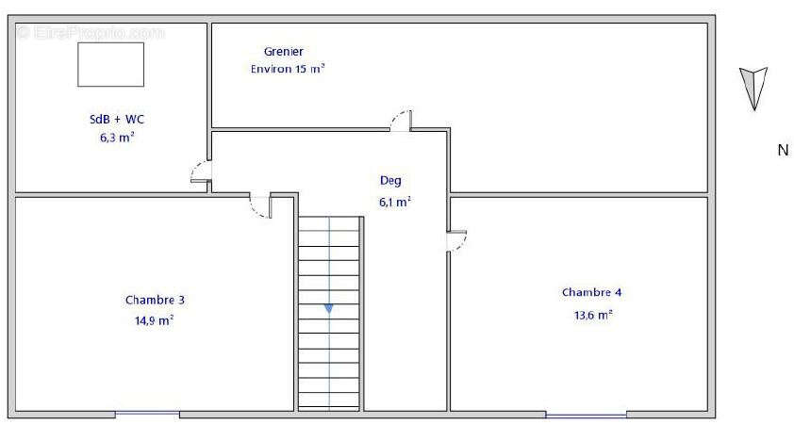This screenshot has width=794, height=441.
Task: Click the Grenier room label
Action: click(x=284, y=52)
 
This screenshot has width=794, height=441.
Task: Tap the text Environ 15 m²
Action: click(x=287, y=69)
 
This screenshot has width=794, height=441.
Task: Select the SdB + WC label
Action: click(x=117, y=120)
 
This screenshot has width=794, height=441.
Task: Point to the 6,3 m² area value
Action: click(x=117, y=138)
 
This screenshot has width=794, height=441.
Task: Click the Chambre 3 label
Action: click(x=155, y=300)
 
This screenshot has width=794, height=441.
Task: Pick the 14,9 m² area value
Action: click(x=154, y=320)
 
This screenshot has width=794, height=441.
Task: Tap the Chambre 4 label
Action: click(x=592, y=292)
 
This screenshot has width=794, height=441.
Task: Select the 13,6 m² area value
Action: click(x=593, y=315)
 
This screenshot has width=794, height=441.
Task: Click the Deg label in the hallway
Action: click(x=390, y=181)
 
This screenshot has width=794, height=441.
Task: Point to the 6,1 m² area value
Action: click(x=394, y=203)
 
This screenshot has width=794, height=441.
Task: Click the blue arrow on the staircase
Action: click(x=329, y=308)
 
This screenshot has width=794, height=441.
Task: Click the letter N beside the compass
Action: click(x=783, y=150)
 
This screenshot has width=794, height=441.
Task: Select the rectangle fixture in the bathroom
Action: click(x=111, y=64)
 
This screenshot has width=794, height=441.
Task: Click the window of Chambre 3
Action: click(x=147, y=415)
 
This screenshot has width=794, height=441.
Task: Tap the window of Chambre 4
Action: click(x=586, y=416)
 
